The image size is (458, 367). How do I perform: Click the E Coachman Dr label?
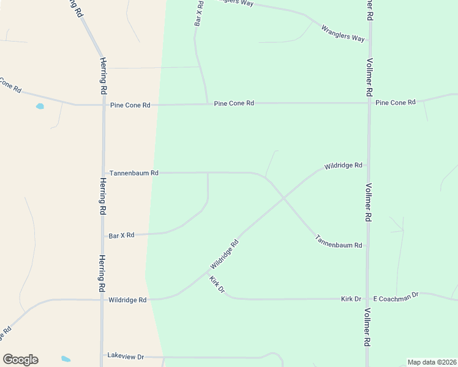coord(396,297)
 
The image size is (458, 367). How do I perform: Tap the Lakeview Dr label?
coord(125,356)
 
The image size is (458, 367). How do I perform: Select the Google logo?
coord(20,360)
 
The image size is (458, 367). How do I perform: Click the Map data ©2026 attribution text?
coord(432,362)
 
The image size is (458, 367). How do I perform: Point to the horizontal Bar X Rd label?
coord(121,235)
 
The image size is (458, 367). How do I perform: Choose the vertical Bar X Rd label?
coord(198,13)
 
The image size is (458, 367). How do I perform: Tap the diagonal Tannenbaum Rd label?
coord(339,241)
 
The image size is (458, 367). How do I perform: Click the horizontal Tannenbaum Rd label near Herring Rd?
coord(134,173)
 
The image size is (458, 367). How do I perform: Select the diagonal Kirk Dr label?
coord(217,284)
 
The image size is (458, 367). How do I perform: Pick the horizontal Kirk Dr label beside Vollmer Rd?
coord(351,299)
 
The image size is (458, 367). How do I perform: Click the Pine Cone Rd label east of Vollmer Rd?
coord(396,102)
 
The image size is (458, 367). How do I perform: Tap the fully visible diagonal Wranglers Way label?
coord(343,33)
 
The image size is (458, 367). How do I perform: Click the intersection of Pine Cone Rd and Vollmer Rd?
coord(369,103)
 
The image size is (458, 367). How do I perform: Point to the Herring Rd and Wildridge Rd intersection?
coord(102,300)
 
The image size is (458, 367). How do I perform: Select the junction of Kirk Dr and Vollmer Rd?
coord(367,299)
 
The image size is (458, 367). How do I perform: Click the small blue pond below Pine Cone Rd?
coord(40,106)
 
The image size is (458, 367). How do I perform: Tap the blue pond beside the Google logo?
coord(66,359)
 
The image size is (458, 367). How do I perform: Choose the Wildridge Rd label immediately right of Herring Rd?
coord(127,300)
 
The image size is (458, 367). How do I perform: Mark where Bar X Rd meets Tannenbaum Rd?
coord(208,173)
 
